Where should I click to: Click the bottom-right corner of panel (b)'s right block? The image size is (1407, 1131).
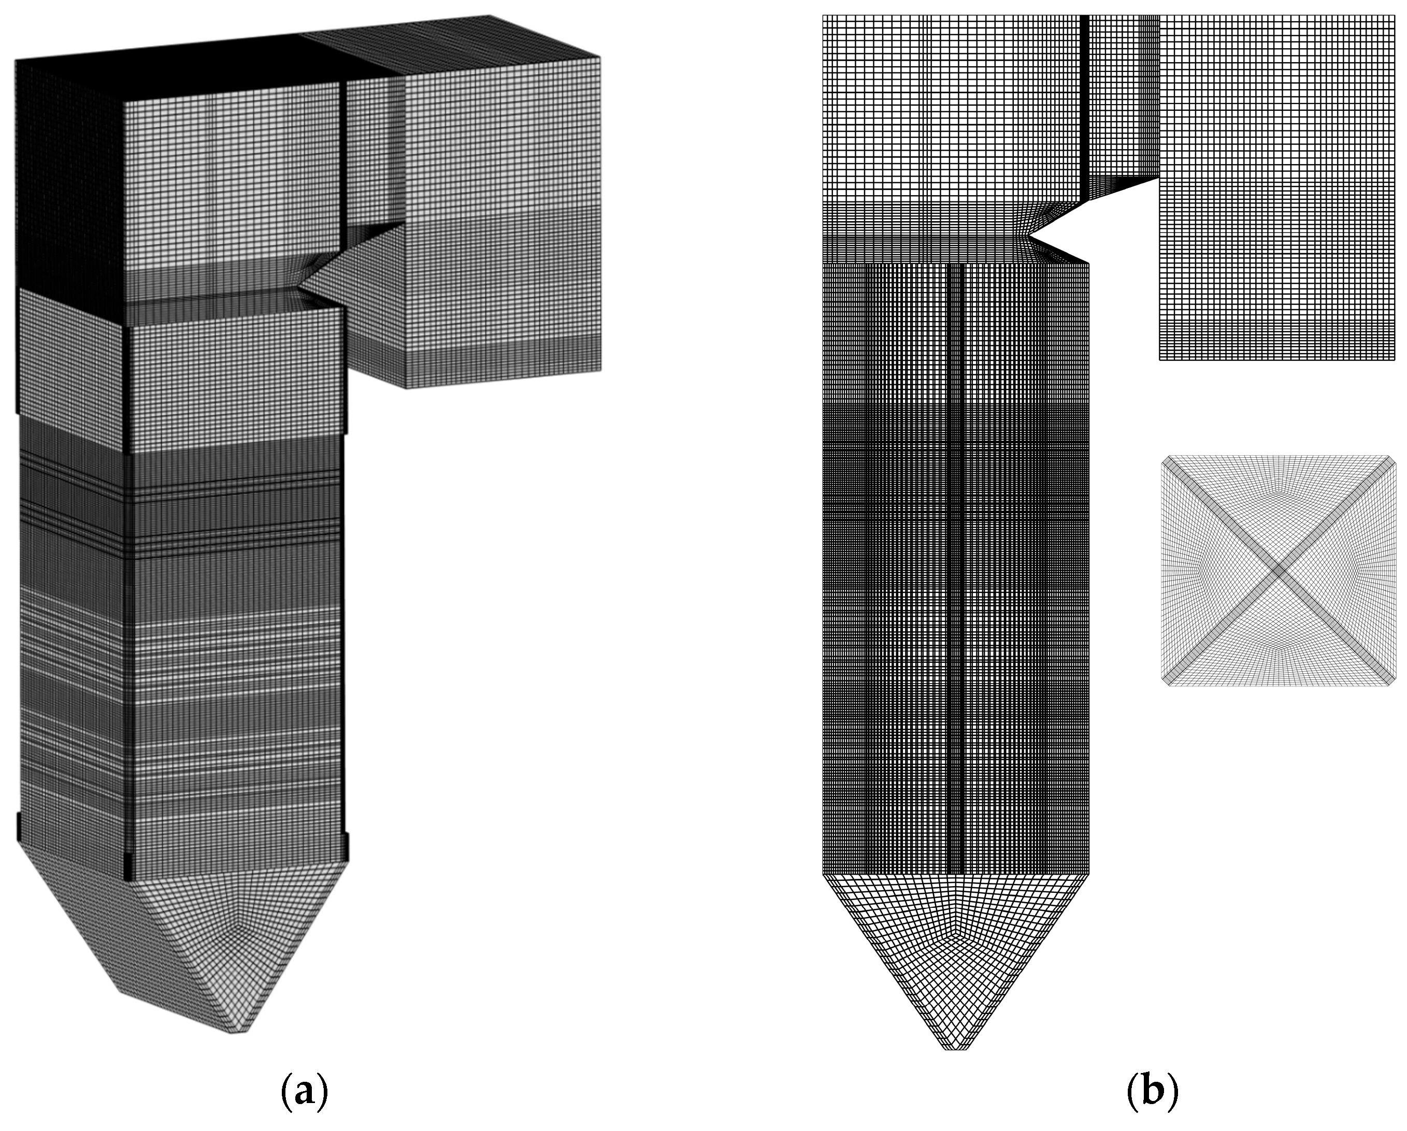[1395, 359]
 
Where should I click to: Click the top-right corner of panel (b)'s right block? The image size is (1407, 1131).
[1395, 16]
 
